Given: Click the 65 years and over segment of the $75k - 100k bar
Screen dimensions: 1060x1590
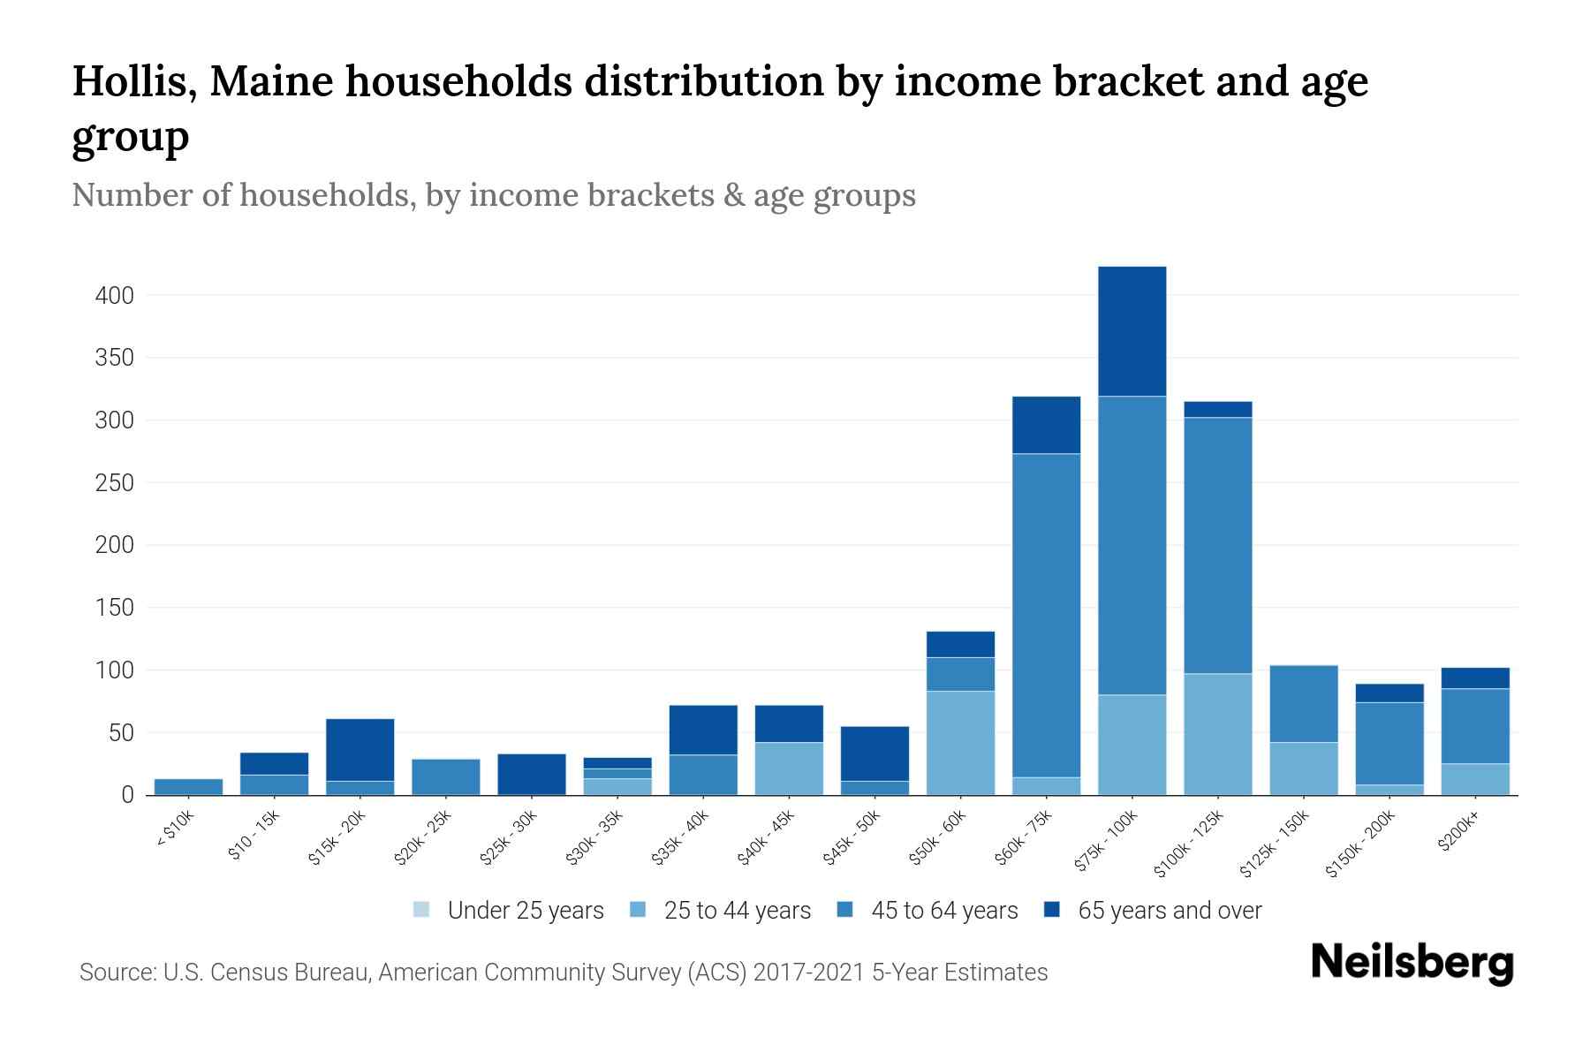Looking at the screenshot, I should [1132, 331].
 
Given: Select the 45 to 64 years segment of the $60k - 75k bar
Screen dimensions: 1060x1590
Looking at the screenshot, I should [1046, 615].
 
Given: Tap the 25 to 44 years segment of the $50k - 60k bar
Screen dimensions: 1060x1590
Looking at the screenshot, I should [960, 743].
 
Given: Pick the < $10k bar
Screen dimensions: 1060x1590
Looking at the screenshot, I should [188, 786].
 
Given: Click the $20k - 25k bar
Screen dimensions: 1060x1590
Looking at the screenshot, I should [445, 776].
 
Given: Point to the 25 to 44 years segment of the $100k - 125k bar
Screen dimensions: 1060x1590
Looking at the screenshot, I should [1217, 734].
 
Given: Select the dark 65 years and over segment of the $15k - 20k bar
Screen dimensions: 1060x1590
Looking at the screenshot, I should [360, 749].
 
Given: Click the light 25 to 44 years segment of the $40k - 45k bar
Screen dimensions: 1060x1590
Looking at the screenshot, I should [789, 768].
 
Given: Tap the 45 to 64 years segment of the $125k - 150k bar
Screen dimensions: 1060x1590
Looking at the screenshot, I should [1303, 704].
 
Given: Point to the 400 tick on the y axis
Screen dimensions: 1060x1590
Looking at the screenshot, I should [115, 296].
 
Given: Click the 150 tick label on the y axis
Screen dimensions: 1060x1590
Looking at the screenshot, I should [115, 608].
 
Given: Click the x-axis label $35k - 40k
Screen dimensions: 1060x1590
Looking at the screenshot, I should [681, 838].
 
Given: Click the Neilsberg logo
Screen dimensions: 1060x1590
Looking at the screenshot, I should [1412, 963].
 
